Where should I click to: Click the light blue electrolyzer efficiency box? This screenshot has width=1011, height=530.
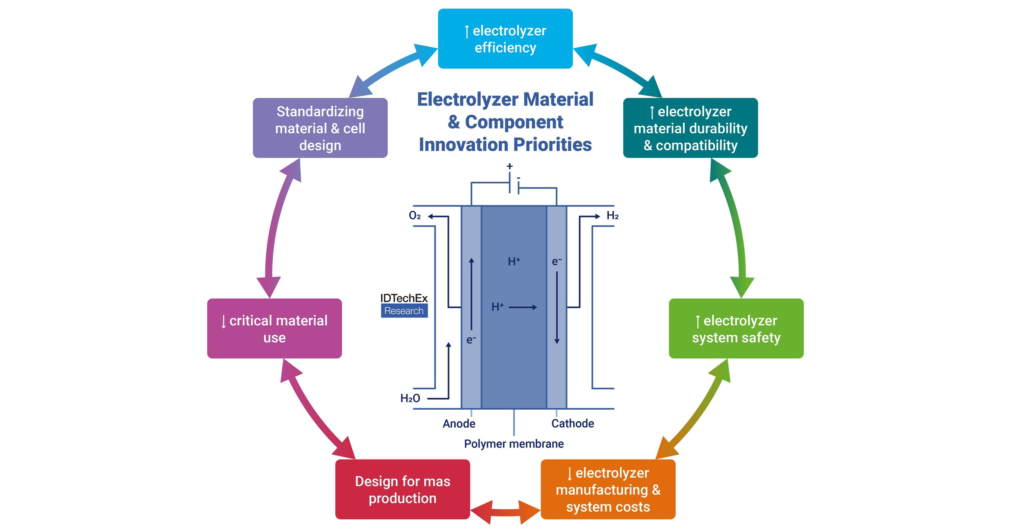click(505, 39)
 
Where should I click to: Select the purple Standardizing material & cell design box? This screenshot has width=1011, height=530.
click(320, 128)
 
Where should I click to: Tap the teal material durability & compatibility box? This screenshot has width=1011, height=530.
click(690, 128)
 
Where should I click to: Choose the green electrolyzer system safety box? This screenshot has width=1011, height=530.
click(736, 329)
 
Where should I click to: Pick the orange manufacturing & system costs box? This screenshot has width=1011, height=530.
click(608, 490)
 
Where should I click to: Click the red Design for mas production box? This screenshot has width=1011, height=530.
click(402, 490)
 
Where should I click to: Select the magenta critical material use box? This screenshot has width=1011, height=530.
click(274, 329)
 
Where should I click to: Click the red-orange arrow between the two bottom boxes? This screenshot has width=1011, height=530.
click(506, 512)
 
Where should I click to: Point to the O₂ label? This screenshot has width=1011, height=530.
click(414, 216)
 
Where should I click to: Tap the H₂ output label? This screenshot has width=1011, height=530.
click(612, 216)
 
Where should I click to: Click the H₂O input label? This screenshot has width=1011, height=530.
click(410, 398)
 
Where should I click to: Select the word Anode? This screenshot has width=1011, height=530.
click(459, 424)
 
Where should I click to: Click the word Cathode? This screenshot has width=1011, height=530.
click(572, 424)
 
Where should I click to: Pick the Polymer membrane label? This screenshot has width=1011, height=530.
click(514, 444)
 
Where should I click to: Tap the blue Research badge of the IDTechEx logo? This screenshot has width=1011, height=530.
click(404, 311)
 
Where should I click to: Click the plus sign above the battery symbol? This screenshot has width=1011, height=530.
click(509, 166)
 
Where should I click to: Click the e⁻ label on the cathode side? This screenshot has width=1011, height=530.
click(557, 262)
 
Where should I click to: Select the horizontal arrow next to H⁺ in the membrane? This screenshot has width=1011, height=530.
click(523, 307)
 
